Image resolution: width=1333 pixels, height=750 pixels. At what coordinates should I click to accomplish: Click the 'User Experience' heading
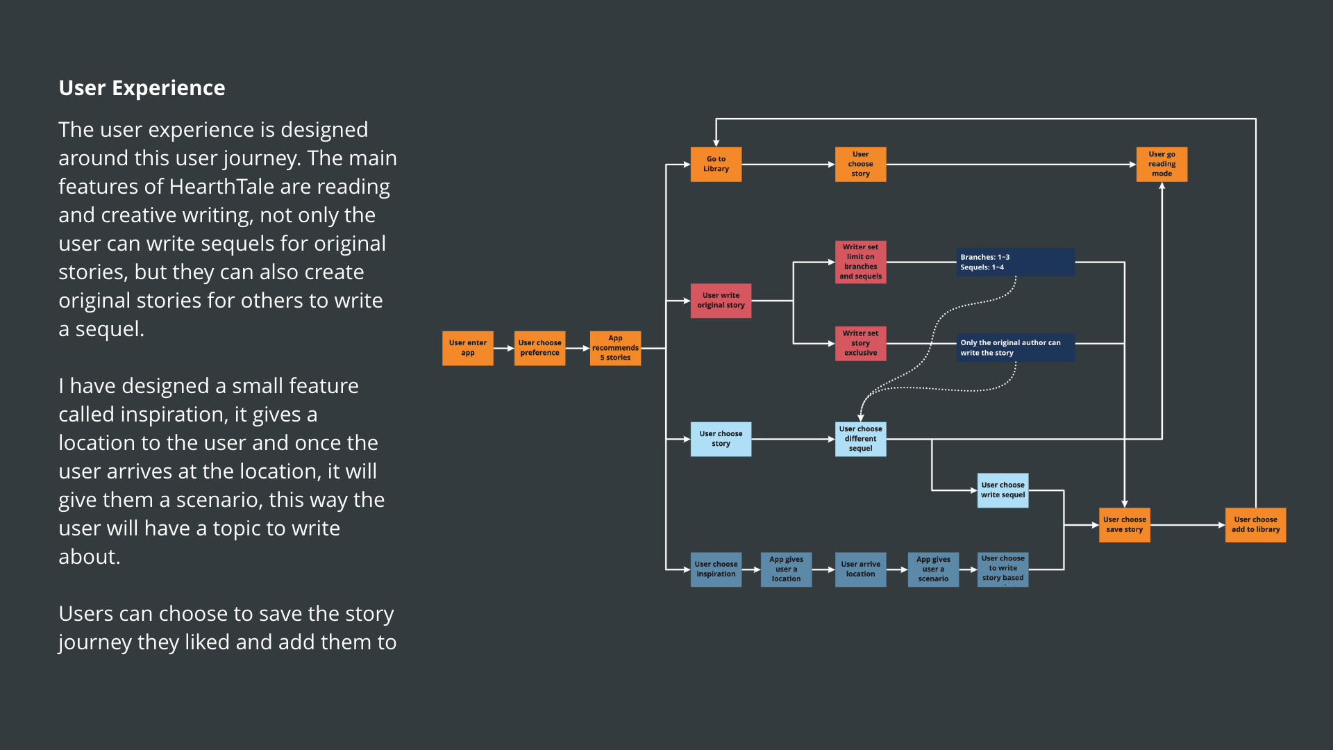(x=142, y=88)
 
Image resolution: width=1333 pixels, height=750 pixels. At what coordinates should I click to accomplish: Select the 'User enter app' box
(x=467, y=348)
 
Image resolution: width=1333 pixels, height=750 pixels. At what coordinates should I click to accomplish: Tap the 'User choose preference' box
(x=539, y=348)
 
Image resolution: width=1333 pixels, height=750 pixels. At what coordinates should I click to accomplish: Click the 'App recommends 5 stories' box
(x=615, y=348)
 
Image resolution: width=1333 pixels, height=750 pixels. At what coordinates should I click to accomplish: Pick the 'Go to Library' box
(x=716, y=164)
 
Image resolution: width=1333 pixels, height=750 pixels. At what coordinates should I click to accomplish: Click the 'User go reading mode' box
(x=1162, y=164)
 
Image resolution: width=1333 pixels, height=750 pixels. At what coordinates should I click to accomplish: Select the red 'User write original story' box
(x=721, y=300)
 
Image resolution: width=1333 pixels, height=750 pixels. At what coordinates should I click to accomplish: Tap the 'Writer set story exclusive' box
(x=860, y=343)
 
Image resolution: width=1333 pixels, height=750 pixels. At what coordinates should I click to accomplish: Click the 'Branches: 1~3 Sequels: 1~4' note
(x=1015, y=262)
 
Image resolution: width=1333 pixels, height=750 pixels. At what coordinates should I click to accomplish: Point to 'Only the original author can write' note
(x=1015, y=347)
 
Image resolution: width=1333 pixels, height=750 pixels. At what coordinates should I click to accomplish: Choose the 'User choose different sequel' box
(x=860, y=438)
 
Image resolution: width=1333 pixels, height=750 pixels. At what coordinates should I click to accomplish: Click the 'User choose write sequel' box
(x=1003, y=490)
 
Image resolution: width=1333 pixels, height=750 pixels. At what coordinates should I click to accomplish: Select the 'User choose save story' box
(x=1124, y=524)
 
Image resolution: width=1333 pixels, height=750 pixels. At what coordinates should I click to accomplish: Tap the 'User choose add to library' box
(x=1255, y=524)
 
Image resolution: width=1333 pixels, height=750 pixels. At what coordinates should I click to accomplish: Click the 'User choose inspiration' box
(x=716, y=569)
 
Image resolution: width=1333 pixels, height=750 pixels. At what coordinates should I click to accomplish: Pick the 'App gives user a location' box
(x=786, y=569)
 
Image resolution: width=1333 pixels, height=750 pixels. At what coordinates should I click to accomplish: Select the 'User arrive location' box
(x=860, y=569)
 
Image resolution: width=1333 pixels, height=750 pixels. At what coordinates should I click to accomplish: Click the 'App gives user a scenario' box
(x=933, y=569)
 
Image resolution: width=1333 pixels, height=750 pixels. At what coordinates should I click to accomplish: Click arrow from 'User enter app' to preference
(x=503, y=348)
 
